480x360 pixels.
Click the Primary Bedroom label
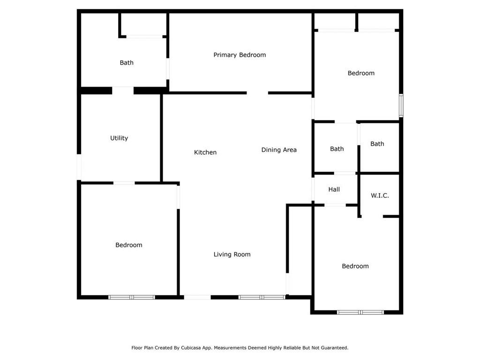(x=240, y=55)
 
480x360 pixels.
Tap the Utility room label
(x=119, y=138)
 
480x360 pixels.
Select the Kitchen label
(x=205, y=152)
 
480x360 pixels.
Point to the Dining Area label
(x=279, y=150)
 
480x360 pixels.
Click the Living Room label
(x=232, y=255)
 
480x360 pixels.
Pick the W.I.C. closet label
(x=380, y=195)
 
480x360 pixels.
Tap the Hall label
(x=334, y=189)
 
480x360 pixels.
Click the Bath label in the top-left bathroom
(x=127, y=63)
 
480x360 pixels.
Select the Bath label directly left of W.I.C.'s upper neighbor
(x=337, y=149)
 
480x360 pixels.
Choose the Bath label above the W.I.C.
(x=377, y=144)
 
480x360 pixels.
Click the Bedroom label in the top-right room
(x=361, y=73)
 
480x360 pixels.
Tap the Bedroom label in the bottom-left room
(x=129, y=245)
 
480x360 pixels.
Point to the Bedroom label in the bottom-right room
(x=355, y=266)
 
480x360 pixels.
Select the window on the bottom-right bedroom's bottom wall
(x=360, y=312)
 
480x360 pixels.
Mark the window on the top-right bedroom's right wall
(x=401, y=105)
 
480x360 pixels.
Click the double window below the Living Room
(x=262, y=297)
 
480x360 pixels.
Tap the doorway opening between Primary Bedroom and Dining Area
(x=257, y=93)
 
